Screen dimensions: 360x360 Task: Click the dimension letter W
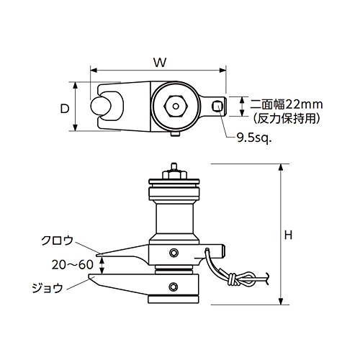point(160,63)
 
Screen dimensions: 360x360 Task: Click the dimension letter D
point(65,109)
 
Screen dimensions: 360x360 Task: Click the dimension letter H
point(288,235)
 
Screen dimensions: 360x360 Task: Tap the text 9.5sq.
point(254,138)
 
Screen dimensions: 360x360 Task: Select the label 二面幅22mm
point(287,105)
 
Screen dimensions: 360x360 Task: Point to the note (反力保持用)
point(287,118)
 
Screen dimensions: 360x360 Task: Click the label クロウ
point(57,240)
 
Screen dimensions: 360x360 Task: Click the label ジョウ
point(48,287)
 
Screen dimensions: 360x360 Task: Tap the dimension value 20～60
point(73,264)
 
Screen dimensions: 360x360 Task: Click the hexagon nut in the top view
point(176,106)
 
